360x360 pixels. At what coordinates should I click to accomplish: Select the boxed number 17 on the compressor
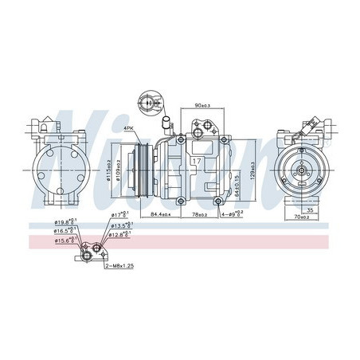point(194,161)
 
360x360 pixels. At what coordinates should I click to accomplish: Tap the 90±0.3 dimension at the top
point(206,106)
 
